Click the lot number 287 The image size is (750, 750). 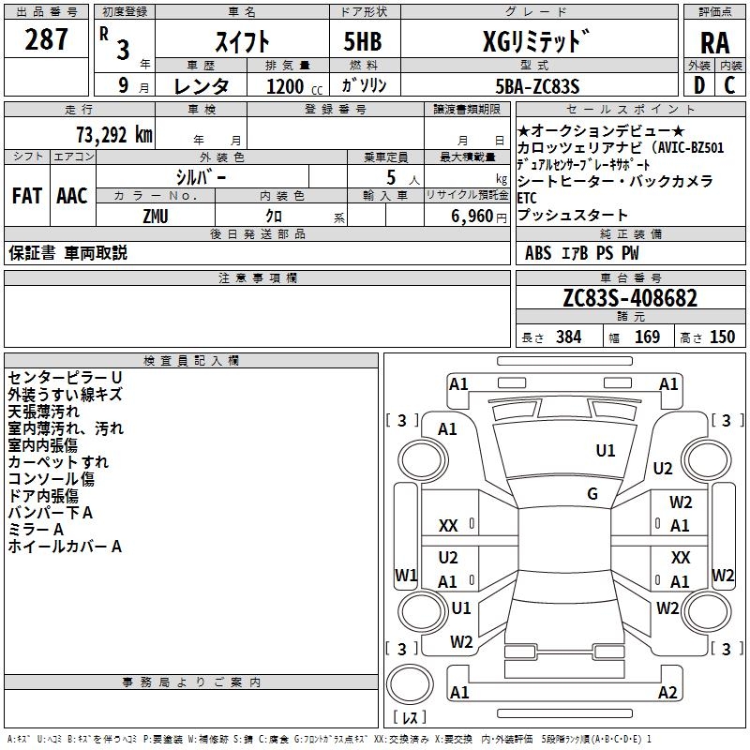click(x=48, y=39)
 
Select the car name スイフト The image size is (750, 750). click(x=244, y=41)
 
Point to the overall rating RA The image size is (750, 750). click(x=714, y=43)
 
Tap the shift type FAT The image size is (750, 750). click(x=26, y=196)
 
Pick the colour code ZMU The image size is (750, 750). click(x=156, y=216)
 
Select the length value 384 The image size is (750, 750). click(x=564, y=337)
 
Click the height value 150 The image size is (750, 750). click(x=722, y=337)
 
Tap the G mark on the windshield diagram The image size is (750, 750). click(x=592, y=494)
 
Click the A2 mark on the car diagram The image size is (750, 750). click(x=667, y=693)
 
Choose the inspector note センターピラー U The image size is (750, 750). click(x=64, y=377)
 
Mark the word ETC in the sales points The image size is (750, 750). click(x=527, y=198)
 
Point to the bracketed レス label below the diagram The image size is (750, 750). click(x=409, y=719)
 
